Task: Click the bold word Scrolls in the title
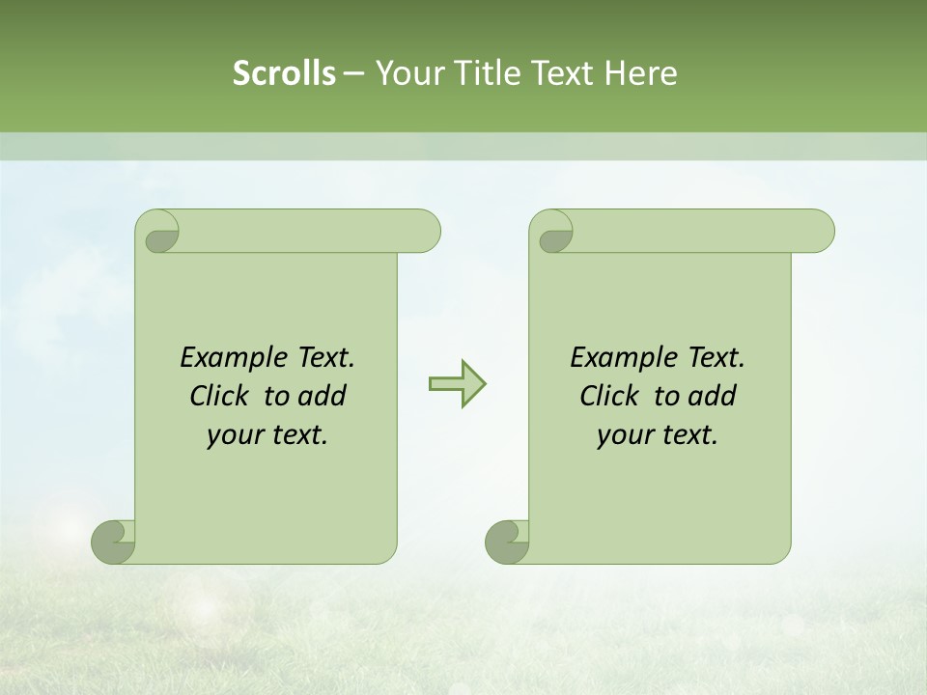click(x=284, y=72)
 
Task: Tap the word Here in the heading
click(x=640, y=72)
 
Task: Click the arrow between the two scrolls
click(x=457, y=384)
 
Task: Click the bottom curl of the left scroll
click(x=113, y=542)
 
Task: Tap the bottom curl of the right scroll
click(x=506, y=542)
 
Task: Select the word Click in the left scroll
click(x=220, y=396)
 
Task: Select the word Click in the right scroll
click(x=610, y=396)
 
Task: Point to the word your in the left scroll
click(x=233, y=436)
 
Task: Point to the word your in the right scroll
click(x=623, y=436)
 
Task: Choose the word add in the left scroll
click(x=322, y=396)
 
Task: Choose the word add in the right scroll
click(x=712, y=396)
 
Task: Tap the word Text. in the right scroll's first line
click(x=716, y=358)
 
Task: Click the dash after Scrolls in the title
click(x=353, y=74)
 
